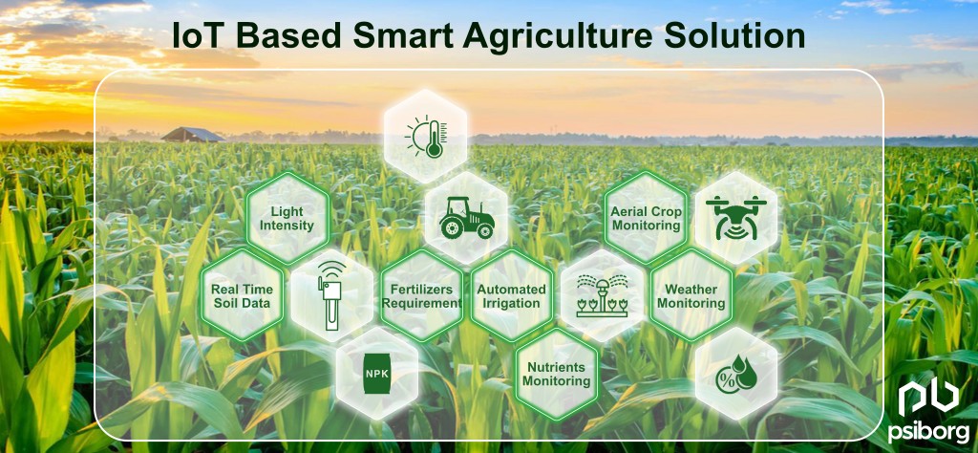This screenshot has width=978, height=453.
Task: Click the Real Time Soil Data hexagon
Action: pos(242,295)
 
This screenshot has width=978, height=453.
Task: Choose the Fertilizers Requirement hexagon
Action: pos(421,295)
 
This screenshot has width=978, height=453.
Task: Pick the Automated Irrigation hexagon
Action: pos(511,295)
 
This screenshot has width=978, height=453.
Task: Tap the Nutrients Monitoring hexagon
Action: pos(556,374)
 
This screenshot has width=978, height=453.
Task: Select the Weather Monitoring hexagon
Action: pos(691,295)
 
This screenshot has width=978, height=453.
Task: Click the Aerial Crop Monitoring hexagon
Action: pos(646,218)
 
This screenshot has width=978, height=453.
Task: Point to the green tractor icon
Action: pos(466,218)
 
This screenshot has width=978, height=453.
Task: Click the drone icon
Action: pos(736,218)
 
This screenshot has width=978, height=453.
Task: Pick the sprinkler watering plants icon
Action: pos(601,295)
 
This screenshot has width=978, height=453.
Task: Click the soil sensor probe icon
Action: pos(331,295)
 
